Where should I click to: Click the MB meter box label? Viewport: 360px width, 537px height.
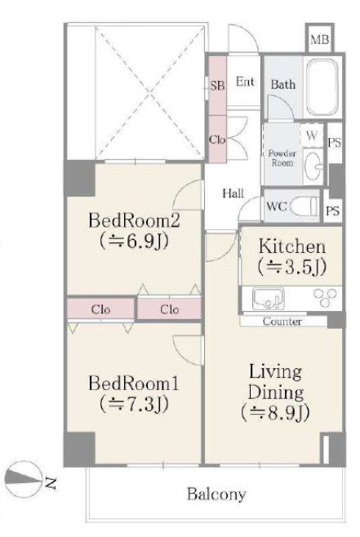[319, 40]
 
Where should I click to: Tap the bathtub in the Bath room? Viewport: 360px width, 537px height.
[322, 88]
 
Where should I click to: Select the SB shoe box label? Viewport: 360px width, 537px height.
[217, 85]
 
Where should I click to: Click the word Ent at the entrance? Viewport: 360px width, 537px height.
[245, 82]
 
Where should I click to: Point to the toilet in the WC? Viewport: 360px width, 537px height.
[302, 206]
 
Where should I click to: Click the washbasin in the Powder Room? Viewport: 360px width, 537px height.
[313, 166]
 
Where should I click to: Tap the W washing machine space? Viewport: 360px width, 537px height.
[311, 135]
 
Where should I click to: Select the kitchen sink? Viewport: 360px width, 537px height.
[269, 299]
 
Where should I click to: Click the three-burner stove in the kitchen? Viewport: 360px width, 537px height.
[325, 298]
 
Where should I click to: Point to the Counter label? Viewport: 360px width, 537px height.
[282, 322]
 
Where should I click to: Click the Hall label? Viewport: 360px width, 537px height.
[233, 193]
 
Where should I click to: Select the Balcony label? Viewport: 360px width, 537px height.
[216, 495]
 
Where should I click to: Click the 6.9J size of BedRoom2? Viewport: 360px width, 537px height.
[134, 242]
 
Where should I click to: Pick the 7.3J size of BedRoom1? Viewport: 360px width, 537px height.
[134, 405]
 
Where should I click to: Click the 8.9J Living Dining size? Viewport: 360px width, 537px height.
[276, 413]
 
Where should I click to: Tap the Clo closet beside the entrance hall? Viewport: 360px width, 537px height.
[217, 140]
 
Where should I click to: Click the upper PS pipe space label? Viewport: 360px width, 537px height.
[335, 143]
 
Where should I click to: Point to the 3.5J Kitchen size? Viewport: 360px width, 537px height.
[291, 267]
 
